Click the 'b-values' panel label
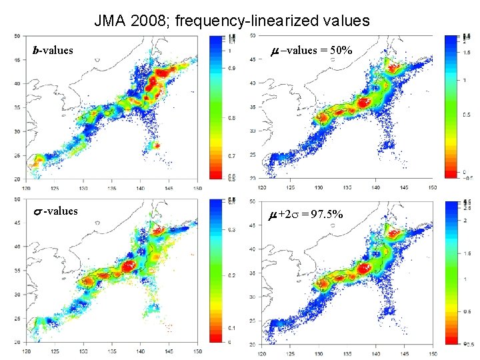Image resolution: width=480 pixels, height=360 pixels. [53, 50]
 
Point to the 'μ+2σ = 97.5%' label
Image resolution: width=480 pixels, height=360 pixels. [306, 214]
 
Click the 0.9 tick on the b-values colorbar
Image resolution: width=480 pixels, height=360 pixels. [231, 67]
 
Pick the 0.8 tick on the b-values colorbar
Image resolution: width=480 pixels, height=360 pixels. [231, 118]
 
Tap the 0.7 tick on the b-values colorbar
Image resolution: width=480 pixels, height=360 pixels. [231, 156]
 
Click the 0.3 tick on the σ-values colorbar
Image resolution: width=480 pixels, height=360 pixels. [231, 229]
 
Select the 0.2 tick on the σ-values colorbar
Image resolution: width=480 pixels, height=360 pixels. [231, 275]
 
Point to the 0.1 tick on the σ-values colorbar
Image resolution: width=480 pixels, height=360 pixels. [231, 327]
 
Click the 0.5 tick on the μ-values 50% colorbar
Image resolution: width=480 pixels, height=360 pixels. [467, 115]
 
